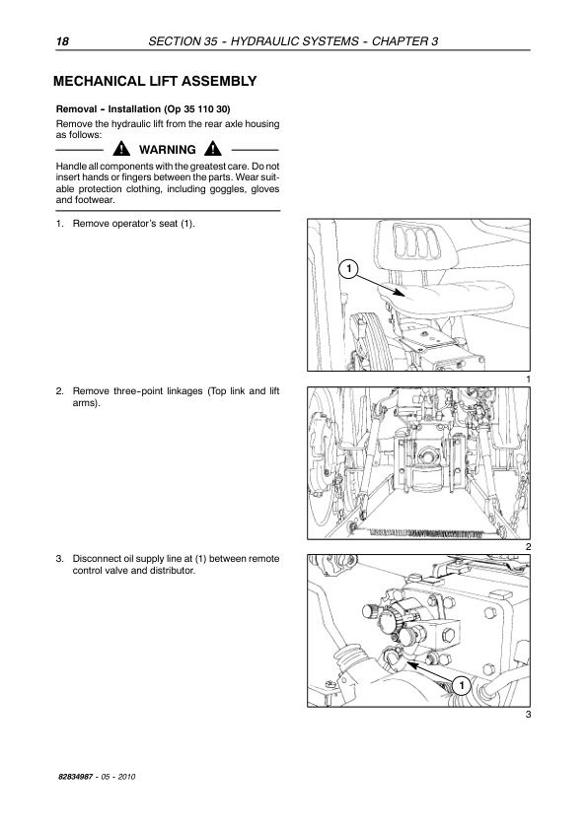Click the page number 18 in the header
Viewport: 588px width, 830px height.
pos(62,41)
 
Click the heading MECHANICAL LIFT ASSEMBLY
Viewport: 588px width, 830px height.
pos(155,81)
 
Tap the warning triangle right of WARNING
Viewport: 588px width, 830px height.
pos(213,149)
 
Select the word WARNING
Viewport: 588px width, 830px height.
pos(168,150)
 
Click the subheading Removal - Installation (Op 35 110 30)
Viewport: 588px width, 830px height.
pos(143,109)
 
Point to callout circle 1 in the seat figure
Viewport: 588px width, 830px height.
pos(348,269)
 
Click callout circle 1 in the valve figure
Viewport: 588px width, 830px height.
pos(462,686)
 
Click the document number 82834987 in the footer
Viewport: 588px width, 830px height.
pos(76,777)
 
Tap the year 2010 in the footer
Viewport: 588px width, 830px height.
pos(127,777)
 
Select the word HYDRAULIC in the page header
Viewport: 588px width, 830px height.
pos(261,41)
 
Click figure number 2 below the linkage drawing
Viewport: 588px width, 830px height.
pos(528,547)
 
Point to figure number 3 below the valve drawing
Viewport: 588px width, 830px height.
pos(528,715)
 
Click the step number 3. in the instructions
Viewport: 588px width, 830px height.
pos(60,559)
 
